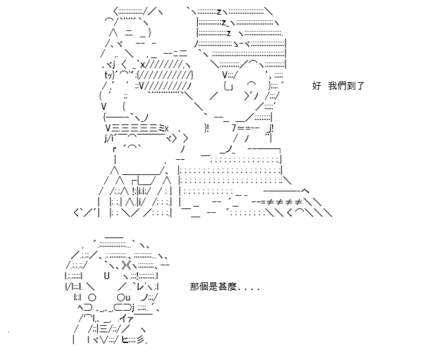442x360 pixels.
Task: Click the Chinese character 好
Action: pyautogui.click(x=316, y=86)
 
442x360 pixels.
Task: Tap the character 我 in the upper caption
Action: pyautogui.click(x=333, y=86)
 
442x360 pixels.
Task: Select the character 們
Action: pyautogui.click(x=342, y=86)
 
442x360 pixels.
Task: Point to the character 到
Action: pyautogui.click(x=350, y=86)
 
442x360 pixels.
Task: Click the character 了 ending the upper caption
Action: pyautogui.click(x=360, y=86)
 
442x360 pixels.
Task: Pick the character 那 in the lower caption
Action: pyautogui.click(x=194, y=287)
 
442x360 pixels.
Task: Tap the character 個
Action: pyautogui.click(x=204, y=287)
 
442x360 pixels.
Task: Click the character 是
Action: pyautogui.click(x=213, y=287)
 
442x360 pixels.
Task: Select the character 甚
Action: pyautogui.click(x=222, y=287)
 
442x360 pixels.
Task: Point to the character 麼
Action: pyautogui.click(x=231, y=287)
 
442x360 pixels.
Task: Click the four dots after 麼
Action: pyautogui.click(x=249, y=289)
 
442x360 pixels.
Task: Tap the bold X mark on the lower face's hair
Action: pyautogui.click(x=126, y=265)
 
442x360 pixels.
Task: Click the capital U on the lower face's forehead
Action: pyautogui.click(x=107, y=276)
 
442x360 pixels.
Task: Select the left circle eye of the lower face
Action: pyautogui.click(x=92, y=297)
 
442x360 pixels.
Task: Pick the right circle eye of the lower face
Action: pyautogui.click(x=121, y=297)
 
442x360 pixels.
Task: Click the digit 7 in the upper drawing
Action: pyautogui.click(x=234, y=128)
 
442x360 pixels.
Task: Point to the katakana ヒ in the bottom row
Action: pyautogui.click(x=125, y=340)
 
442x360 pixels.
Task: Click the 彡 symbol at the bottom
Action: pyautogui.click(x=140, y=340)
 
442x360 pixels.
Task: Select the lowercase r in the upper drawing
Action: pyautogui.click(x=114, y=150)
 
